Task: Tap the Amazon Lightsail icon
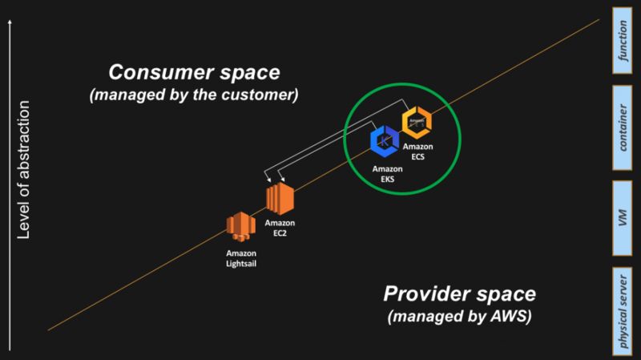click(241, 227)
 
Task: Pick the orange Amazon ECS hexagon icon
click(417, 123)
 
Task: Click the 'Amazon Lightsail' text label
click(241, 256)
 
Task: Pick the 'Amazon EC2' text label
click(280, 227)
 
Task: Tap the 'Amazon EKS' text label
click(388, 174)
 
